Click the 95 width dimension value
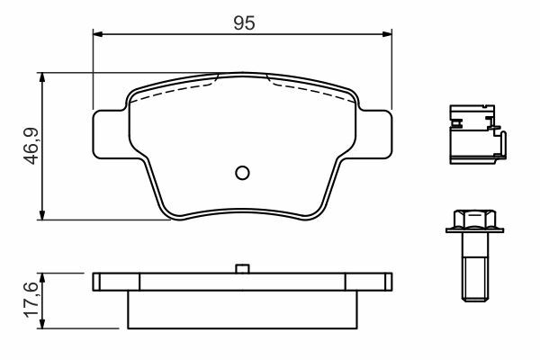click(x=244, y=22)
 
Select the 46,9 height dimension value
click(x=31, y=147)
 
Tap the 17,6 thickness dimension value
click(x=31, y=299)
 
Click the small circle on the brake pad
click(x=242, y=173)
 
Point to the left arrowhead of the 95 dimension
click(x=98, y=34)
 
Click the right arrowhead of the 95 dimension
click(x=387, y=34)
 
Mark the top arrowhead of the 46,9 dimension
click(x=42, y=77)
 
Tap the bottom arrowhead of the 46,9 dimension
click(x=42, y=214)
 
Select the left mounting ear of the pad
click(x=111, y=134)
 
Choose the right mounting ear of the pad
click(x=374, y=134)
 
